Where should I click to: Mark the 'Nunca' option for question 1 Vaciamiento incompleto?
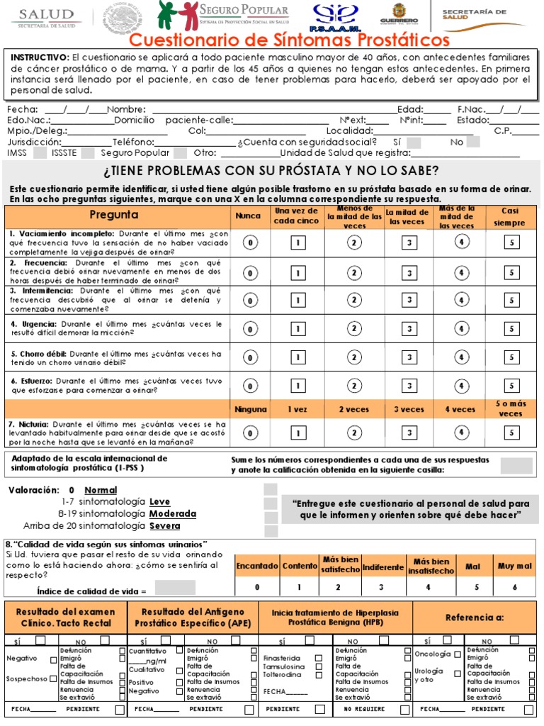(x=250, y=243)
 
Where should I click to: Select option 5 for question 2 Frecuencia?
(x=511, y=272)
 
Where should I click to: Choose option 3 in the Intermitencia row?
(x=410, y=301)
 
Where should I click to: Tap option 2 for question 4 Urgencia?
(x=353, y=329)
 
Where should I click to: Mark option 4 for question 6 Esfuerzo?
(x=460, y=386)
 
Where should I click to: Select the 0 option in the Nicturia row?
(x=250, y=432)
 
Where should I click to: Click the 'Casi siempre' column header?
(x=510, y=216)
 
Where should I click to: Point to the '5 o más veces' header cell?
(x=510, y=409)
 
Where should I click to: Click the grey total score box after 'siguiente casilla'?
(x=516, y=465)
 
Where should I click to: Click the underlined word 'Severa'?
(x=164, y=526)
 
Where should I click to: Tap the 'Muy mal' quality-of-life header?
(x=515, y=566)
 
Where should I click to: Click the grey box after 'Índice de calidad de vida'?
(x=175, y=588)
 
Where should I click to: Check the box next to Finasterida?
(x=319, y=657)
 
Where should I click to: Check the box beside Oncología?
(x=458, y=654)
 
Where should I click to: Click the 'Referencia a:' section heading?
(x=475, y=618)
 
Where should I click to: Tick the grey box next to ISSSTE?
(x=87, y=152)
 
